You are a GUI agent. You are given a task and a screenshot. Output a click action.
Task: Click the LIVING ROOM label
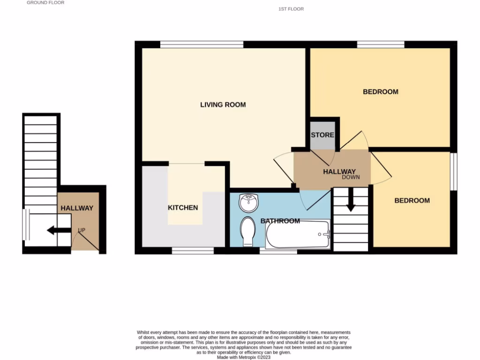223,105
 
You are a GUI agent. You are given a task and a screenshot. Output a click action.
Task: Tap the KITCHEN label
183,208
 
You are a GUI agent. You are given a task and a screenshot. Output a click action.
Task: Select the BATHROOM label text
280,221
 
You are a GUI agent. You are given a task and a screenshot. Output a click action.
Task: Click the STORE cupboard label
322,135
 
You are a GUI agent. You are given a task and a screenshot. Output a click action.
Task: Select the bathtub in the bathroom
298,235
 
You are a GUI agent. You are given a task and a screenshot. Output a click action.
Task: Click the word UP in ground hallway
82,230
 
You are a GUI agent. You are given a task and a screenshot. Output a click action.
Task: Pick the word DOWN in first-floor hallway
351,178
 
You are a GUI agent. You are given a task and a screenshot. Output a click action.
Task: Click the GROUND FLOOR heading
45,3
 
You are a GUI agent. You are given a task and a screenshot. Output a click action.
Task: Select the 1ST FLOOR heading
291,9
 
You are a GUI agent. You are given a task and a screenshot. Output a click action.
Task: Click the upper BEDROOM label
380,92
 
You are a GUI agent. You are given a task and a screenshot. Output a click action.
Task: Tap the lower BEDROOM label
412,201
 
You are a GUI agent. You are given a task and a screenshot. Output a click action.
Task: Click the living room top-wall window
202,45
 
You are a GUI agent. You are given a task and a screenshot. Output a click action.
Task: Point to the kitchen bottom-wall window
193,251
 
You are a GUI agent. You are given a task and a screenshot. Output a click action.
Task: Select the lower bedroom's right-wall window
453,172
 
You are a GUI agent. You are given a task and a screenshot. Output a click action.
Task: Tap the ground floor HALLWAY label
76,208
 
